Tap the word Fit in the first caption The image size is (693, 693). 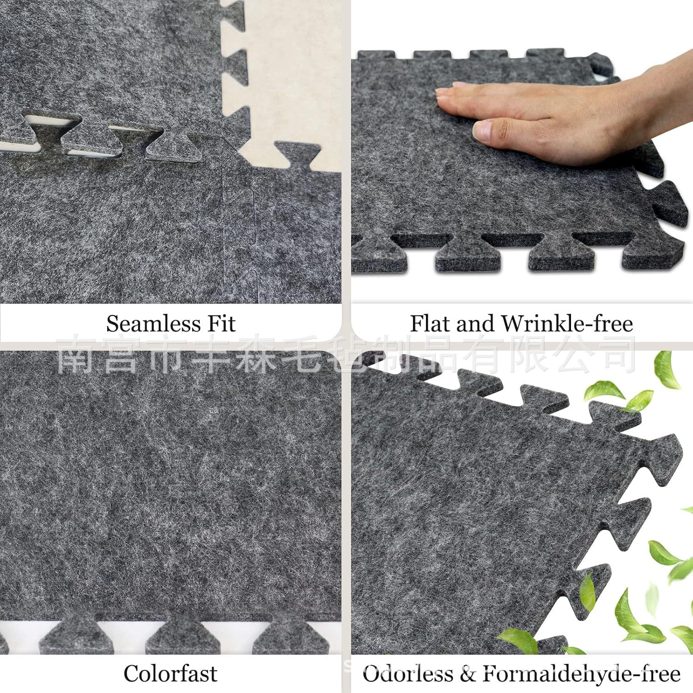pyautogui.click(x=221, y=323)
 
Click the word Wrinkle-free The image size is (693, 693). pyautogui.click(x=567, y=323)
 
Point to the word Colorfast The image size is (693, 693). pyautogui.click(x=170, y=674)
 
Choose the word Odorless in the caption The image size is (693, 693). pyautogui.click(x=408, y=674)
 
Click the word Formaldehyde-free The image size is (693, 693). pyautogui.click(x=582, y=674)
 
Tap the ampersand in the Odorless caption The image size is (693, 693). pyautogui.click(x=468, y=674)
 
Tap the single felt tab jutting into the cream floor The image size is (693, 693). pyautogui.click(x=297, y=155)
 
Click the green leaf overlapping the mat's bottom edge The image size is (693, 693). pyautogui.click(x=518, y=640)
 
